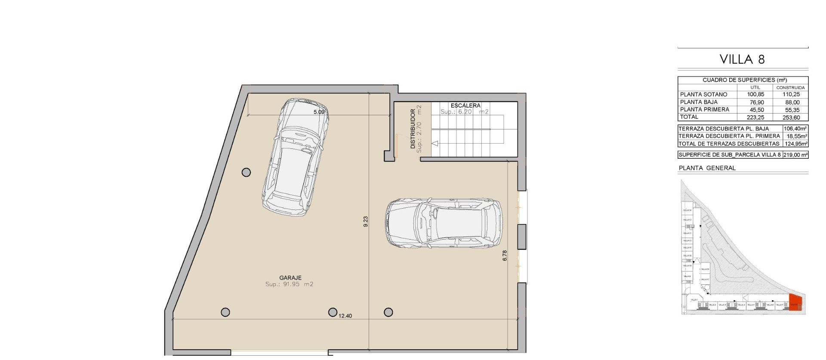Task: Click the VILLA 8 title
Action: point(743,59)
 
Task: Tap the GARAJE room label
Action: point(290,278)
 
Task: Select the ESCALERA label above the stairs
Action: point(465,105)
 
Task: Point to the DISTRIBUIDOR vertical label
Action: point(413,129)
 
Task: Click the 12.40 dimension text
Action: point(345,316)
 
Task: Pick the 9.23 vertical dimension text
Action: point(366,222)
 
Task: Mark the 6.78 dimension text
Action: point(505,255)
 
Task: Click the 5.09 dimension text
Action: point(319,112)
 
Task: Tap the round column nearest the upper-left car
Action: point(246,172)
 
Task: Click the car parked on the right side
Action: point(444,223)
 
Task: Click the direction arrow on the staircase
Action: point(435,144)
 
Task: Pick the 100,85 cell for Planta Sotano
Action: point(755,94)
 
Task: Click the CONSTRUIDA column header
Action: point(790,87)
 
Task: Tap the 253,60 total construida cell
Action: point(791,117)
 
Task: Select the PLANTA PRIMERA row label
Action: point(704,110)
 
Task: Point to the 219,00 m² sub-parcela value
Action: point(795,155)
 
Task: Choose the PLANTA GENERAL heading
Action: point(707,168)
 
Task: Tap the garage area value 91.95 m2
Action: point(289,284)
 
